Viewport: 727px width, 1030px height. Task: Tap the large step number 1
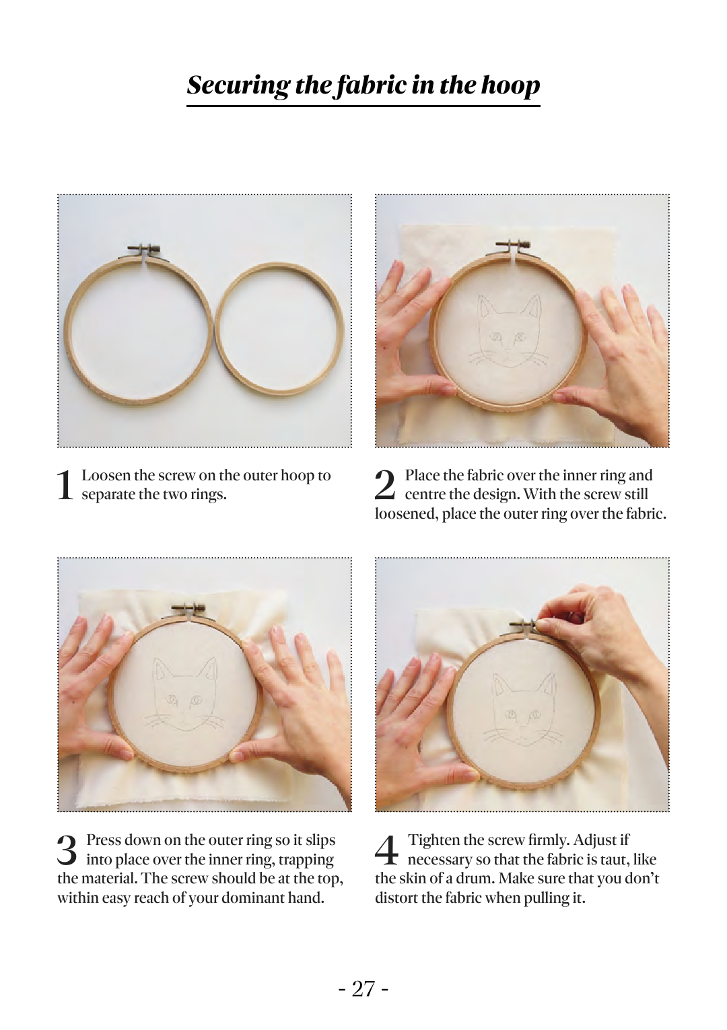pyautogui.click(x=65, y=484)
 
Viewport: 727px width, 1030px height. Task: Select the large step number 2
pyautogui.click(x=385, y=484)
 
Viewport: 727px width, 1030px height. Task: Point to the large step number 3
pyautogui.click(x=67, y=849)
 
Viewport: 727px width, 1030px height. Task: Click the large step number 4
pyautogui.click(x=386, y=849)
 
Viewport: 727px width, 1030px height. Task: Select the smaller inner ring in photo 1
pyautogui.click(x=279, y=330)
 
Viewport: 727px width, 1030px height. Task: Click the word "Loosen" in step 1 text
pyautogui.click(x=106, y=476)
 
